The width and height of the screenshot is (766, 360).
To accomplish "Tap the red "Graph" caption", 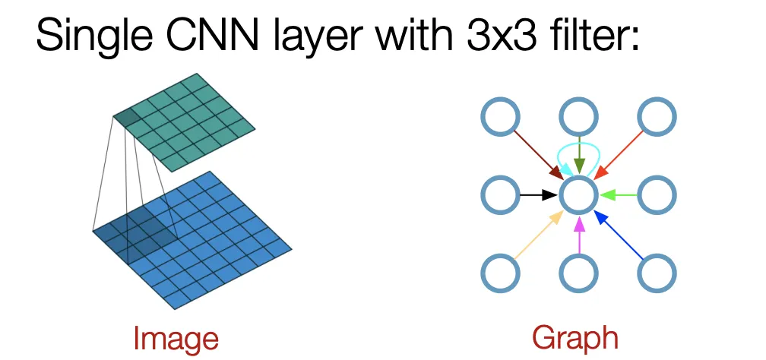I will click(575, 338).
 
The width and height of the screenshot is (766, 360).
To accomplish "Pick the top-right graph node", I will click(656, 118).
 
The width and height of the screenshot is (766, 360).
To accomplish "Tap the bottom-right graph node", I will click(656, 273).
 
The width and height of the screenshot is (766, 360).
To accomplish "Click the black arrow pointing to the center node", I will click(538, 195).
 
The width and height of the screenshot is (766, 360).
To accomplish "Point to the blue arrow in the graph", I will click(620, 235).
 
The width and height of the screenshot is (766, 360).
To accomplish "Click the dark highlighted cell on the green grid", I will click(125, 117).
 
